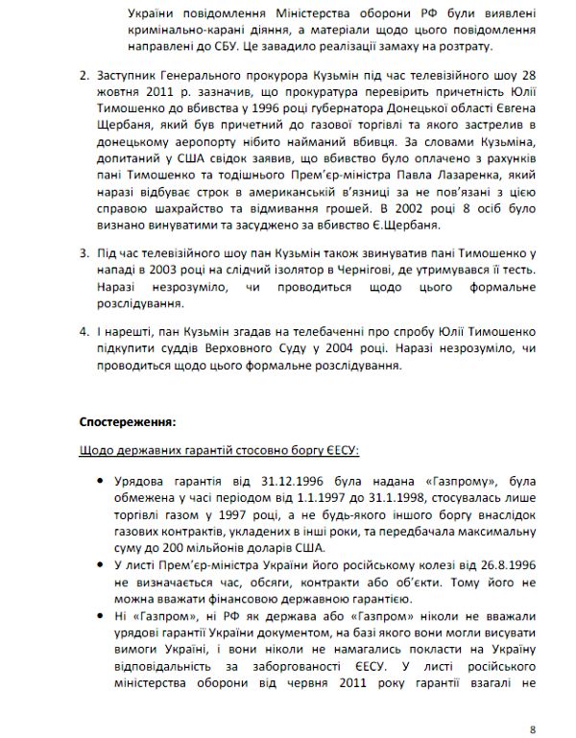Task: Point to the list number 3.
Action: (84, 252)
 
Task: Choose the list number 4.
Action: (84, 330)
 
